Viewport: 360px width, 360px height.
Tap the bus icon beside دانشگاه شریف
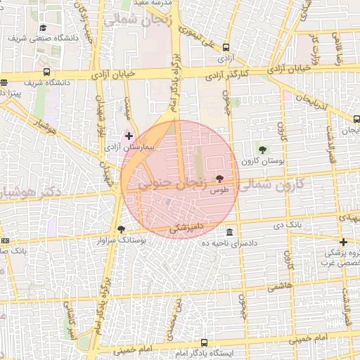click(x=47, y=72)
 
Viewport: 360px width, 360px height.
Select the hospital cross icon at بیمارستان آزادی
click(x=129, y=134)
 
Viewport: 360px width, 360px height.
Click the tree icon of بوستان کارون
click(x=263, y=149)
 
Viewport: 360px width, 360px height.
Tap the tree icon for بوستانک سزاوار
click(x=121, y=229)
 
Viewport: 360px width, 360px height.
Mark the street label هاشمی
click(x=280, y=287)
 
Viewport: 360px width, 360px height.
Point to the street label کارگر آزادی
click(x=229, y=73)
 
